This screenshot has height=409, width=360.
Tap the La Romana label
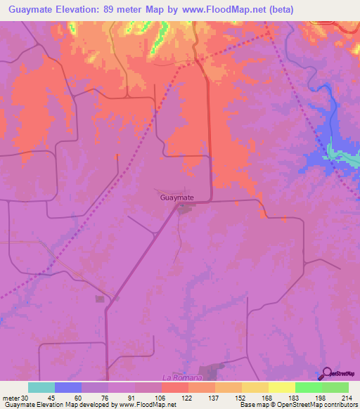[177, 377]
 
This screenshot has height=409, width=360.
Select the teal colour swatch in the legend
[41, 387]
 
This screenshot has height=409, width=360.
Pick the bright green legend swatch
[308, 387]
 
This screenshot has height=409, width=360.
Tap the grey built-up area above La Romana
[211, 370]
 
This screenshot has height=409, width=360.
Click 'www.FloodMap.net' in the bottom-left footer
[148, 405]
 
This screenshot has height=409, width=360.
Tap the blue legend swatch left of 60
[68, 387]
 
